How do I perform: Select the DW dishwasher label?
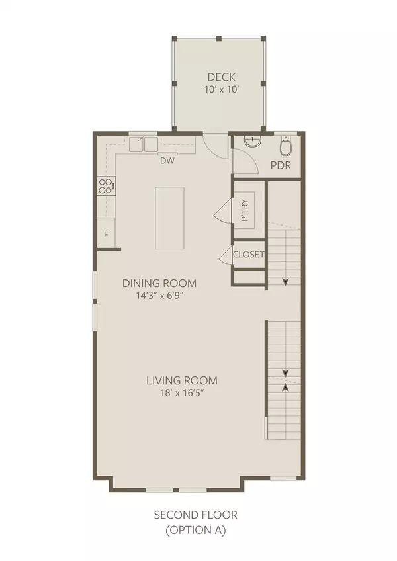[x=167, y=159]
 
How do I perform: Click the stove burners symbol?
[x=105, y=187]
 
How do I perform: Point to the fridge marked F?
[x=105, y=236]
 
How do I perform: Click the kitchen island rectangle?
[x=169, y=218]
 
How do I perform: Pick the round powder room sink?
[x=251, y=142]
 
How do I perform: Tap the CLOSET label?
[x=249, y=255]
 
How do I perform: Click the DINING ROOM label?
[x=159, y=283]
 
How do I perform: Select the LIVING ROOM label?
[x=182, y=381]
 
